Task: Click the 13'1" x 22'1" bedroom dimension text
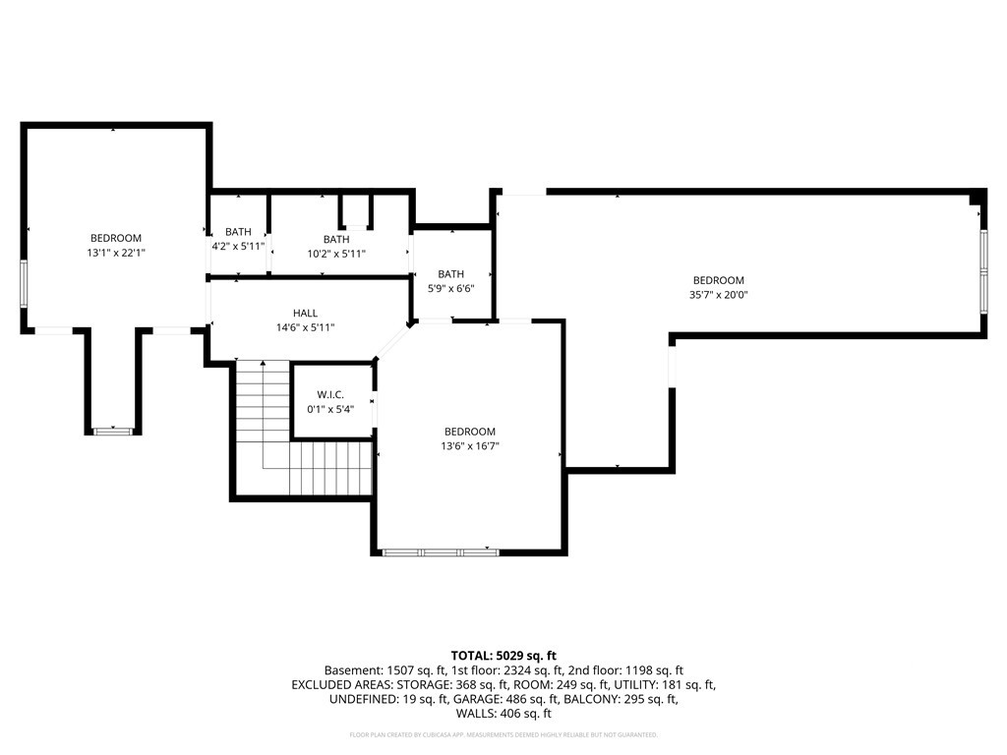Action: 116,253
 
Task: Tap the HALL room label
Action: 305,314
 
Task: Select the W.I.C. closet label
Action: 330,395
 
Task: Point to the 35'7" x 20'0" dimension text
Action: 718,295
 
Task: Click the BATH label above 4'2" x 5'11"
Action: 238,232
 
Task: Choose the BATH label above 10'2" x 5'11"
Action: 336,240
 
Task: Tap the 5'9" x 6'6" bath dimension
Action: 450,289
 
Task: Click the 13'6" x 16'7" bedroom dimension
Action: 470,446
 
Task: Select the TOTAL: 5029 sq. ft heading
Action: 503,656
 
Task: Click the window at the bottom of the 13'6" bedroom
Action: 441,552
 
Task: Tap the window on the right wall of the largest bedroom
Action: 983,271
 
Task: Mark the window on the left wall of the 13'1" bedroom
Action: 24,284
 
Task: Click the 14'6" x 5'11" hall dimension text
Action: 305,327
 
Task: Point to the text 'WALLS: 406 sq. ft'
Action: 503,714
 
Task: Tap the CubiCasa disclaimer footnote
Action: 503,734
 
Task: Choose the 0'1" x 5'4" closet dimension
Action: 330,409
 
